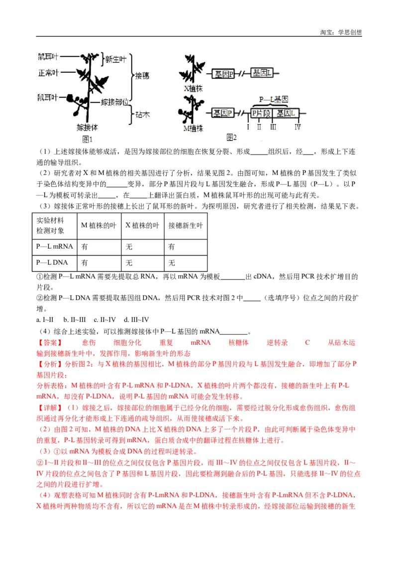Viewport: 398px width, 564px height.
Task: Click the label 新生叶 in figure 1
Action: [x=115, y=59]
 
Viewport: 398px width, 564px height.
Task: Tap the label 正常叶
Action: [x=48, y=73]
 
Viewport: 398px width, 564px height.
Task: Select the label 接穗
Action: [x=143, y=76]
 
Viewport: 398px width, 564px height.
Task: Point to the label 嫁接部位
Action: [x=115, y=102]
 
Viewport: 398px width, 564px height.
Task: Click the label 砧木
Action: [x=143, y=114]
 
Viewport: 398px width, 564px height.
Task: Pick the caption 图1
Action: [x=88, y=140]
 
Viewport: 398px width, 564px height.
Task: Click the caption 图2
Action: [x=231, y=137]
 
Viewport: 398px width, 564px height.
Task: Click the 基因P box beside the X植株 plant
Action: [x=223, y=74]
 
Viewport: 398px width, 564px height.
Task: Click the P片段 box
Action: [x=261, y=113]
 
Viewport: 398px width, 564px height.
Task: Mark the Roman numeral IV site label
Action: [x=297, y=127]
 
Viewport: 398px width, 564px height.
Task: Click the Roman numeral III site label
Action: [x=273, y=127]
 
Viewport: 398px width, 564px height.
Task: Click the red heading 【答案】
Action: [x=50, y=343]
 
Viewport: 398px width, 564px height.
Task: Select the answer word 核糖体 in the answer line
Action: [x=239, y=343]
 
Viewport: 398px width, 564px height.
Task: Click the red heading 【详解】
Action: [x=50, y=408]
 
